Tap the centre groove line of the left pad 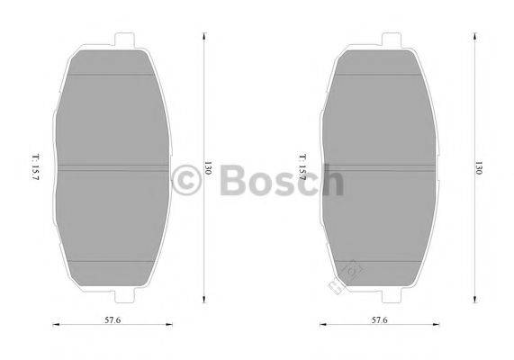113,167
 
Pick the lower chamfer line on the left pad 113,259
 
